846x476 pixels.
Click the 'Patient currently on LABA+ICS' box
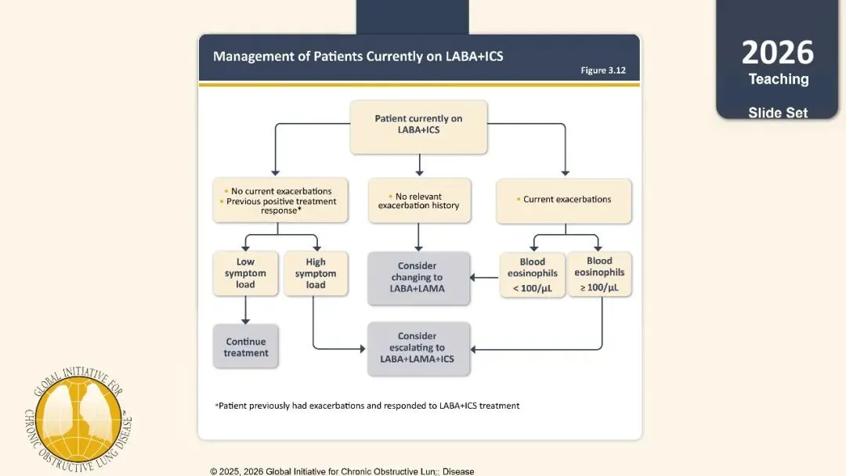pyautogui.click(x=418, y=128)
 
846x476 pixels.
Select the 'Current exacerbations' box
pyautogui.click(x=564, y=201)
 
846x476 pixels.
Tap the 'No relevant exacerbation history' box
pyautogui.click(x=419, y=200)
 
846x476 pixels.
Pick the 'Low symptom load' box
pyautogui.click(x=245, y=273)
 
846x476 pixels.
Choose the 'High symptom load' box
pyautogui.click(x=316, y=273)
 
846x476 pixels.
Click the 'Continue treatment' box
pyautogui.click(x=245, y=347)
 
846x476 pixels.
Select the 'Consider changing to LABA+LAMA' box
pyautogui.click(x=418, y=278)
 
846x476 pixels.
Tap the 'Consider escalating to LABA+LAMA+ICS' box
pyautogui.click(x=418, y=348)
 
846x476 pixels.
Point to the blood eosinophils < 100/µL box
pyautogui.click(x=533, y=275)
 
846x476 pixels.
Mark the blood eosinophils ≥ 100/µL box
pyautogui.click(x=599, y=274)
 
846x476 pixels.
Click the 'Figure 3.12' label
pyautogui.click(x=603, y=70)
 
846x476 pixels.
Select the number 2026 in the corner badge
pyautogui.click(x=778, y=52)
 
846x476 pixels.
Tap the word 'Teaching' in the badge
pyautogui.click(x=779, y=79)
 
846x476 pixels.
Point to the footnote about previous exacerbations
pyautogui.click(x=367, y=406)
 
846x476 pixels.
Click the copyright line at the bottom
pyautogui.click(x=342, y=471)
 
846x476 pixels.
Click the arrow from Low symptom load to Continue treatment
pyautogui.click(x=245, y=310)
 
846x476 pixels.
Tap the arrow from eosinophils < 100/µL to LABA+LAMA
pyautogui.click(x=485, y=278)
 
